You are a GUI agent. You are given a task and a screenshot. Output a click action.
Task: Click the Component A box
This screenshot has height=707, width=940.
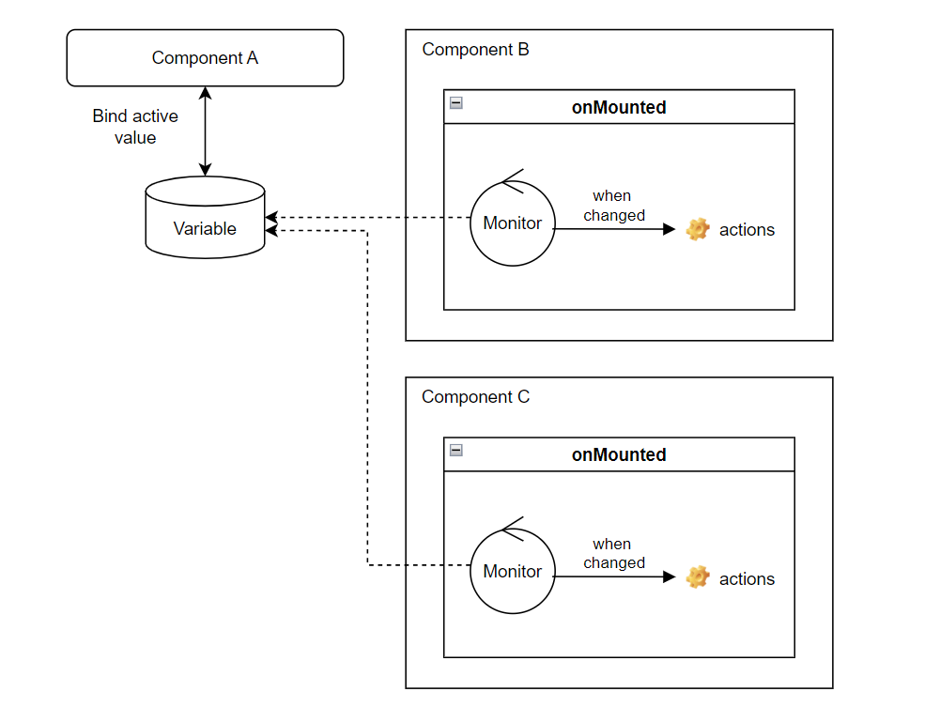pos(205,58)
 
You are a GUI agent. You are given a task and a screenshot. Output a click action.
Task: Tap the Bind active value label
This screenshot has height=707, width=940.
pos(135,127)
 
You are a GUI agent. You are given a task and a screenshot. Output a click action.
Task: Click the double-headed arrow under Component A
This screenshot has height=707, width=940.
pos(205,131)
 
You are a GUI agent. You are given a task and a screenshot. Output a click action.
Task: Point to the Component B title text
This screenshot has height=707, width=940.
pos(475,50)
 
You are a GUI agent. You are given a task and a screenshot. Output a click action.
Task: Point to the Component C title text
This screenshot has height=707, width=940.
pos(475,397)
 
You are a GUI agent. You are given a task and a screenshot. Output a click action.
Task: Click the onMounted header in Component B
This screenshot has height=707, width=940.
pos(619,107)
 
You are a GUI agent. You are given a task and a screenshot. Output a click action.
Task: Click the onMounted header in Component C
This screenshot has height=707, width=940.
pos(619,454)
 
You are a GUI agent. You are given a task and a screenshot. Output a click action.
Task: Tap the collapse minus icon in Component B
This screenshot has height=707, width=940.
pos(456,102)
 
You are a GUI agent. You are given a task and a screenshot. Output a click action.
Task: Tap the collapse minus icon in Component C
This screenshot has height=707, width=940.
pos(456,450)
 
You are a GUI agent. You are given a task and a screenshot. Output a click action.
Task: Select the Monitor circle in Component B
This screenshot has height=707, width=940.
pos(512,223)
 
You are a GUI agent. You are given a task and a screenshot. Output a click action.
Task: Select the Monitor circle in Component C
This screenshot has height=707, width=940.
pos(512,571)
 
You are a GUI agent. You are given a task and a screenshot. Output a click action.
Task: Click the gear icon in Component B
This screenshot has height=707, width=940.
pos(697,229)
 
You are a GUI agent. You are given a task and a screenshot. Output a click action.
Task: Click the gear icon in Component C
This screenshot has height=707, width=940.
pos(697,577)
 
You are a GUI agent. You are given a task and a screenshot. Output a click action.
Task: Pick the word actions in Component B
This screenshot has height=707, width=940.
pos(747,230)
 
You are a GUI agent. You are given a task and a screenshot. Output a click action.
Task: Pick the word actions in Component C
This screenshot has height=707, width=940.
pos(747,578)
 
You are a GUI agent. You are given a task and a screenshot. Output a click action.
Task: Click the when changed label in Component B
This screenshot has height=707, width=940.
pos(613,206)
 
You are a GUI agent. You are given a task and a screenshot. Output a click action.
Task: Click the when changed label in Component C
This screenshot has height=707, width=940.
pos(613,553)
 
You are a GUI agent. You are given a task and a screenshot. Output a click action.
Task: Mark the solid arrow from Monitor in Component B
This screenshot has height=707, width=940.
pos(615,229)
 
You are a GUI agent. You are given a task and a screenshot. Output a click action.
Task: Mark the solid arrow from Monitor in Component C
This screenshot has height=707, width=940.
pos(615,577)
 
